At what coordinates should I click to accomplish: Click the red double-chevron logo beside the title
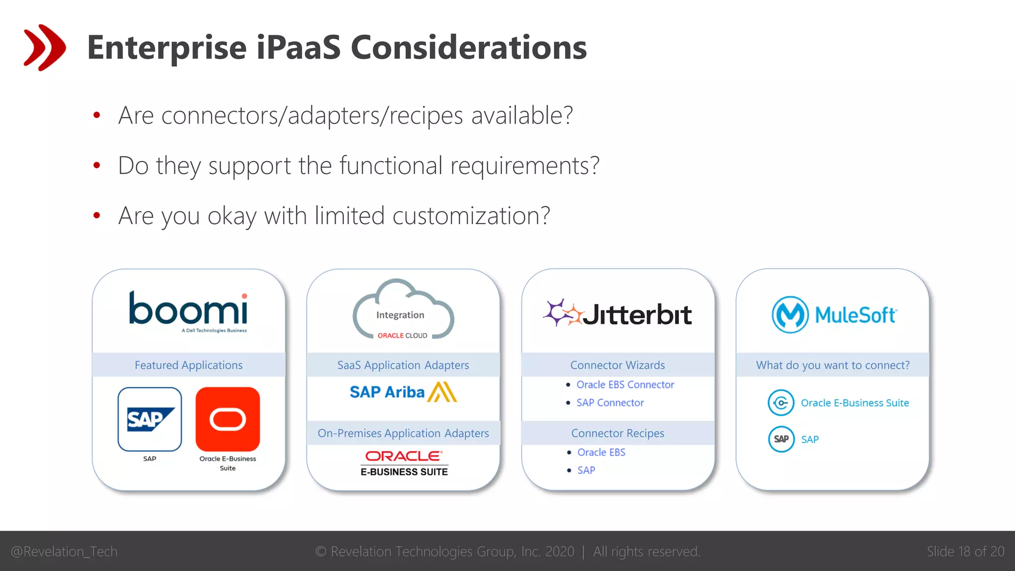(44, 48)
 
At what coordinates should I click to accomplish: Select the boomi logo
(188, 310)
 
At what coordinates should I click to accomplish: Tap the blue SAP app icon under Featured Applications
(150, 419)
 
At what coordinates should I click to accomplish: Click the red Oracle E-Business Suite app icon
(227, 419)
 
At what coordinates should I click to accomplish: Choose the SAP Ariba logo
(403, 392)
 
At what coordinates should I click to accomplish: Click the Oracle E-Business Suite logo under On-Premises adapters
(404, 463)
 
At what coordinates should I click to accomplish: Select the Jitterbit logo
(618, 313)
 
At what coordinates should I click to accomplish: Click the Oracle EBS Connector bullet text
(625, 385)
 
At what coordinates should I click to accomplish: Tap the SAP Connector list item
(610, 403)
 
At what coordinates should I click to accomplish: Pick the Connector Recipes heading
(618, 433)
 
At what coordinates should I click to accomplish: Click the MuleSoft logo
(834, 314)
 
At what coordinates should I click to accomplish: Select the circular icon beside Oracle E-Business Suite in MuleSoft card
(781, 403)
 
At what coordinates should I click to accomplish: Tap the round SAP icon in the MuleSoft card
(781, 439)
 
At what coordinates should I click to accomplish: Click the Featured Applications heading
(188, 365)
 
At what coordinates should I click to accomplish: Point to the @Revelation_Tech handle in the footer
(64, 552)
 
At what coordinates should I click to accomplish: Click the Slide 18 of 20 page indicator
(965, 552)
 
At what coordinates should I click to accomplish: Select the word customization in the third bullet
(471, 216)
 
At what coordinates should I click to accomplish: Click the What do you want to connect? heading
(833, 365)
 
